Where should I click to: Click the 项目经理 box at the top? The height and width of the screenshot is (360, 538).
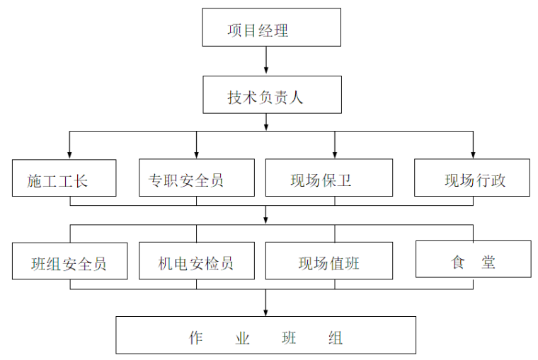pos(272,28)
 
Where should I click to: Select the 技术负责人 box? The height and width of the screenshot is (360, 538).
pos(272,95)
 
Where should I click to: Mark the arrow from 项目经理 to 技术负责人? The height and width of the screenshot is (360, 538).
pos(266,60)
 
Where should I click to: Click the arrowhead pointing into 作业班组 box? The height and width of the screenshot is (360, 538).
pos(266,312)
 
